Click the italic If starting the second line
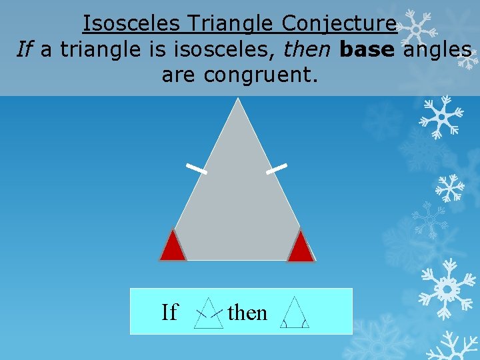[25, 49]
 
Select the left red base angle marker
[173, 247]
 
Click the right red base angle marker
[301, 247]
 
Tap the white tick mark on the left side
[197, 169]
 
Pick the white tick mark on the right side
[277, 169]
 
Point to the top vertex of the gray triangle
[237, 100]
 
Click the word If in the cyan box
[170, 312]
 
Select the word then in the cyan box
[247, 312]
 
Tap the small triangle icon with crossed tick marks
[209, 313]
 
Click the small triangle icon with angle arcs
[294, 313]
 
